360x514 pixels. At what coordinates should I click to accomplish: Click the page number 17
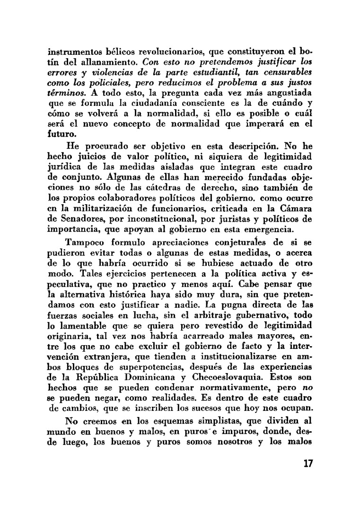pos(307,463)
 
